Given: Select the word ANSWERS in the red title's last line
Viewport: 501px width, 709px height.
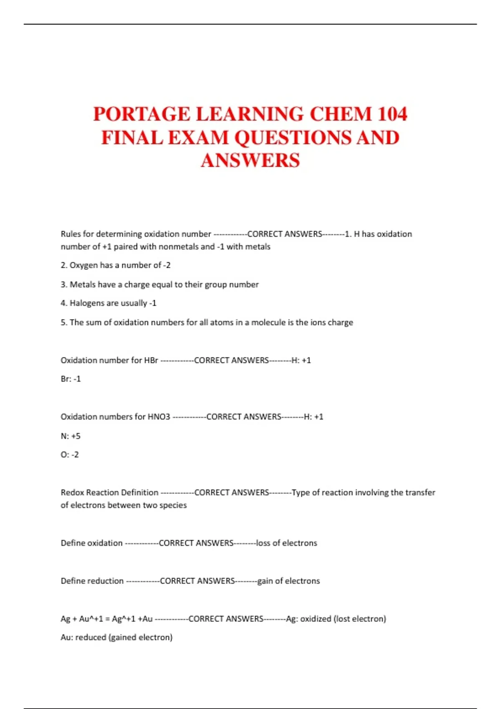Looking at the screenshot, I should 250,161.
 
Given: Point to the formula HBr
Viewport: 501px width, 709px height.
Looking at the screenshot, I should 151,360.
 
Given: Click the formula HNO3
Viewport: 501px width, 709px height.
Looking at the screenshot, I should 159,417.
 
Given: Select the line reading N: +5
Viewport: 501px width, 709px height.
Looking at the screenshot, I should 71,436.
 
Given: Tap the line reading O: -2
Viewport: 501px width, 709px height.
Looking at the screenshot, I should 70,455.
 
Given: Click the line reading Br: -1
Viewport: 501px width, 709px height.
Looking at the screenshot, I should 71,379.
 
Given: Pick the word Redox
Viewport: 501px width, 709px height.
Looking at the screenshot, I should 72,493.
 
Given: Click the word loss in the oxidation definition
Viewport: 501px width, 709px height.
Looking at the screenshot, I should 263,543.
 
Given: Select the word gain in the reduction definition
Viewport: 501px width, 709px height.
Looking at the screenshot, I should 265,581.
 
